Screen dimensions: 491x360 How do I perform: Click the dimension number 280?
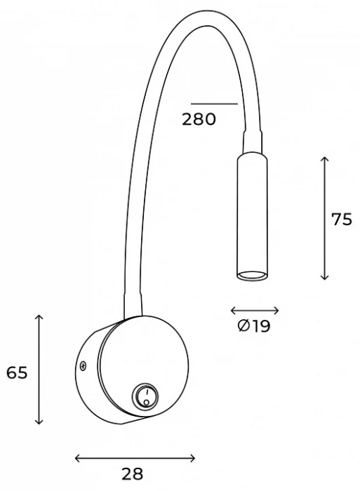pyautogui.click(x=199, y=119)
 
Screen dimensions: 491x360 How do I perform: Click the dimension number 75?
pyautogui.click(x=342, y=219)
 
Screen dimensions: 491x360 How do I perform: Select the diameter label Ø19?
pyautogui.click(x=254, y=326)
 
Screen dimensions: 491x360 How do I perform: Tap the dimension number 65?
pyautogui.click(x=17, y=372)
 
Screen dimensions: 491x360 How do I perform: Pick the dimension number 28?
pyautogui.click(x=133, y=473)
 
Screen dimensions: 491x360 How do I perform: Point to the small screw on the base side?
pyautogui.click(x=83, y=365)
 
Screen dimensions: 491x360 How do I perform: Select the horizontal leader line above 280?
pyautogui.click(x=214, y=104)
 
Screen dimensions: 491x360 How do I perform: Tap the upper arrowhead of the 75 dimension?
pyautogui.click(x=324, y=160)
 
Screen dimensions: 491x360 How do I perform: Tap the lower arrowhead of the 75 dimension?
pyautogui.click(x=324, y=278)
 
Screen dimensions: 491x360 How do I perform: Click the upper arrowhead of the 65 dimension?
pyautogui.click(x=39, y=318)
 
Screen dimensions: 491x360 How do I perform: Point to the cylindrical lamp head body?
pyautogui.click(x=251, y=210)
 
